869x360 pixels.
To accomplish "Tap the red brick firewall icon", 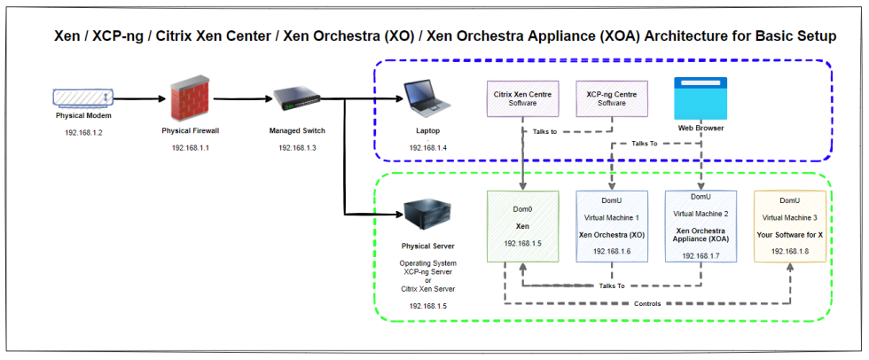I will pyautogui.click(x=190, y=98).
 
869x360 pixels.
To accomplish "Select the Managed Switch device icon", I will pyautogui.click(x=292, y=99).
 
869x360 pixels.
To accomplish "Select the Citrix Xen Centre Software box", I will pyautogui.click(x=522, y=98).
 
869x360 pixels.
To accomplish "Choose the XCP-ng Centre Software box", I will pyautogui.click(x=612, y=98).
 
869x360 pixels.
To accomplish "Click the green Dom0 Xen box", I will pyautogui.click(x=522, y=226).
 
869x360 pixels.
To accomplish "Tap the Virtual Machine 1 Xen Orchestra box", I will pyautogui.click(x=612, y=226).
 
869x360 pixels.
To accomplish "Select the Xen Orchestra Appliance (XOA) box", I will pyautogui.click(x=701, y=226).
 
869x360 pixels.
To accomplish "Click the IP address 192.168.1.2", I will pyautogui.click(x=83, y=132).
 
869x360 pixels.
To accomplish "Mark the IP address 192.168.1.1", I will pyautogui.click(x=190, y=147).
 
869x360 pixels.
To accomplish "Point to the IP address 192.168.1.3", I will pyautogui.click(x=297, y=147).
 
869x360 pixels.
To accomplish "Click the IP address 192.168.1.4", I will pyautogui.click(x=427, y=147).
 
